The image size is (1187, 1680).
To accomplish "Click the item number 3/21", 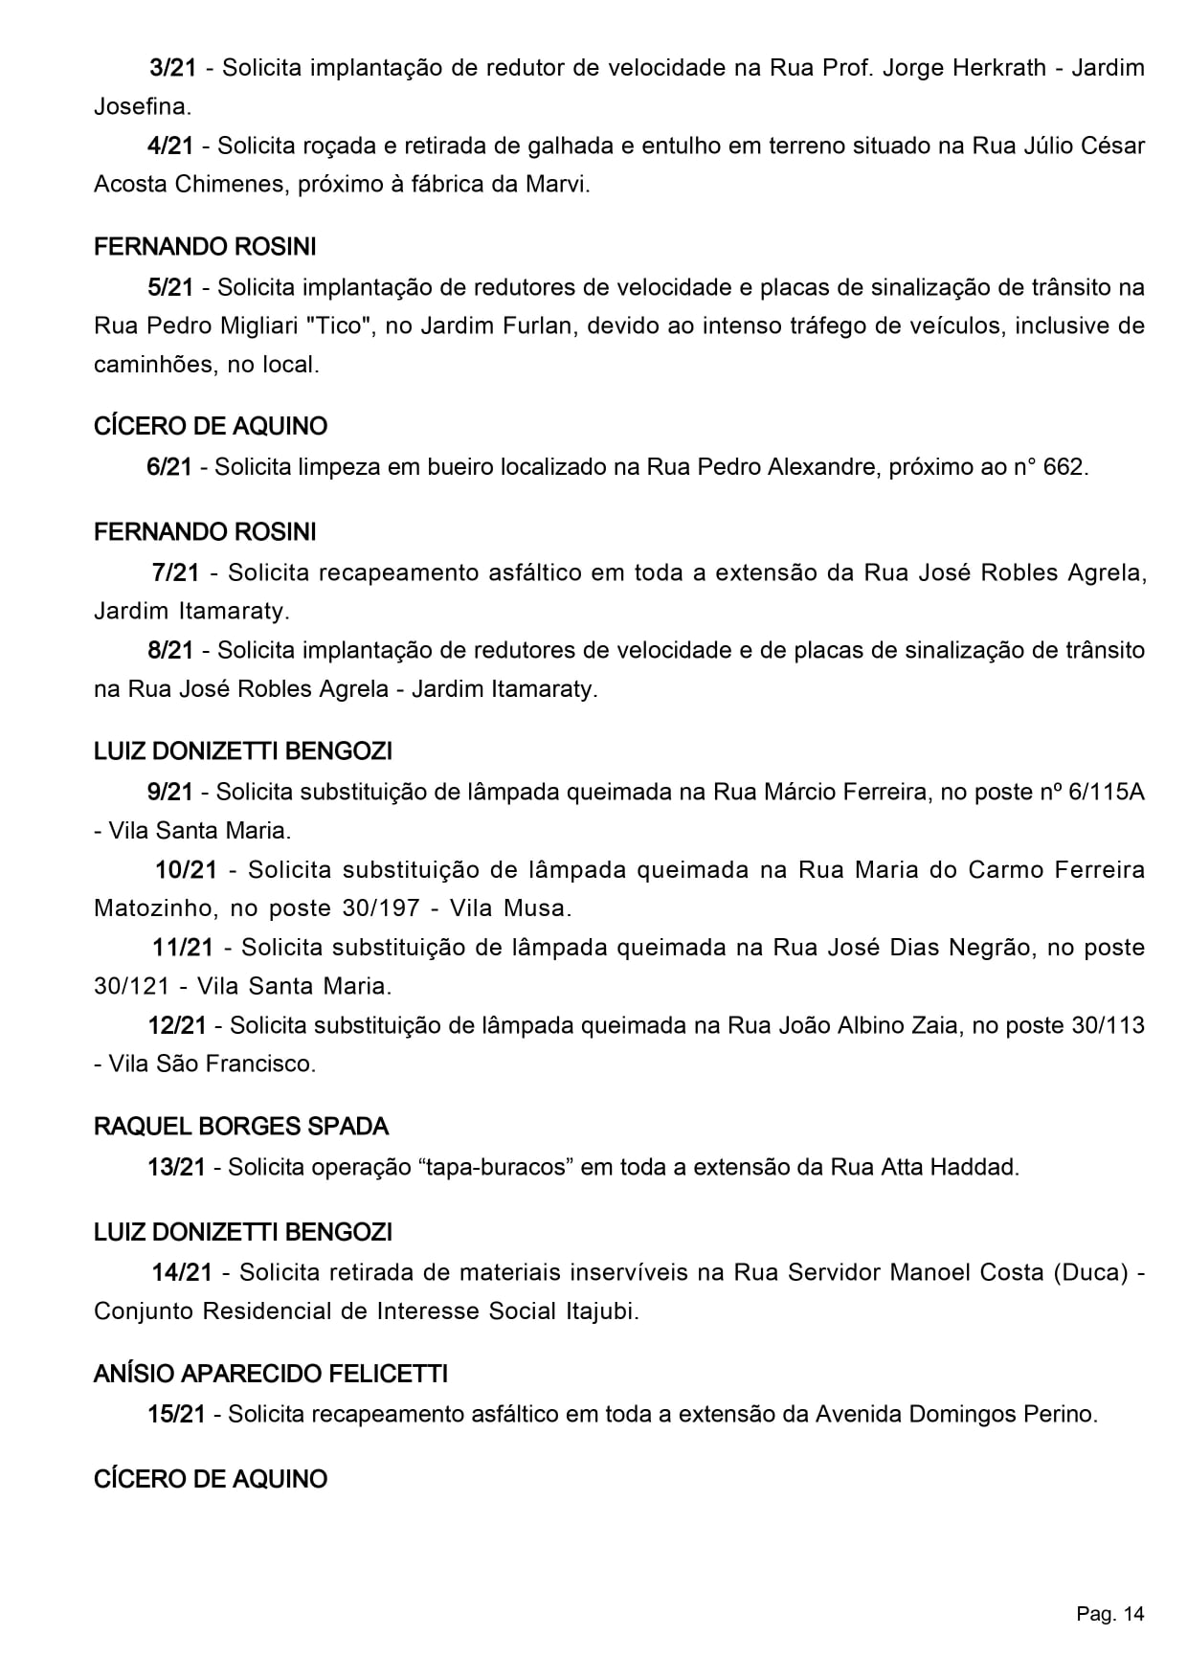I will (173, 68).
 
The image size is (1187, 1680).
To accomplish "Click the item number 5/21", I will (171, 287).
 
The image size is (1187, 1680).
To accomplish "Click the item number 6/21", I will (169, 467).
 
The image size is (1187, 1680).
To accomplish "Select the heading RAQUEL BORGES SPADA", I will (241, 1126).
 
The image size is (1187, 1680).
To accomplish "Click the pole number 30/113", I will (1109, 1025).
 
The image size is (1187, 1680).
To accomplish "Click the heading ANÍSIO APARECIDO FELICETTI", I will (271, 1374).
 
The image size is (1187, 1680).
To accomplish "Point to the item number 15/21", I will (177, 1414).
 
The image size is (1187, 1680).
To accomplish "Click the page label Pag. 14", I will (1109, 1614).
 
